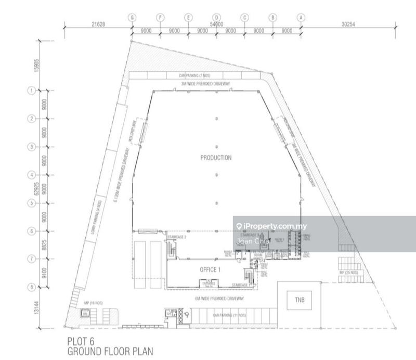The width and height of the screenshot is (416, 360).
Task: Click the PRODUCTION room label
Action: coord(216,158)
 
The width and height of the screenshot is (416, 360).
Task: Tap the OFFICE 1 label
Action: coord(211,269)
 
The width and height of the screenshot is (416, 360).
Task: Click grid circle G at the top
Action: coord(133,17)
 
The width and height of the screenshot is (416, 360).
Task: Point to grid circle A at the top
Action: coord(300,17)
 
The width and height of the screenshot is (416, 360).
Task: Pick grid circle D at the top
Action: coord(216,17)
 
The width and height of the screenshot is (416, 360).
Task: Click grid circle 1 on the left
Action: coord(31,91)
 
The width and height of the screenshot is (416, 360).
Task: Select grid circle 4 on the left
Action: coord(31,175)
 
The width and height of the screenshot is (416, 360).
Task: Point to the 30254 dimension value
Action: coord(352,24)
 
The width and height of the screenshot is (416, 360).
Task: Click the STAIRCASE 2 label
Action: coord(177,237)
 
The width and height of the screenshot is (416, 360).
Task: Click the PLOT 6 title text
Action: coord(82,342)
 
